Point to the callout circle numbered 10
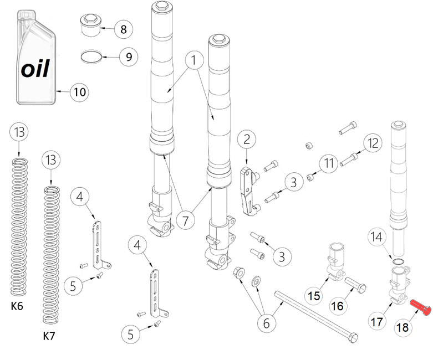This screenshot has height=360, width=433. click(x=80, y=92)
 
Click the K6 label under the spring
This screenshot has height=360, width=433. click(x=17, y=305)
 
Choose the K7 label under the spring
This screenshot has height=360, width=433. click(x=50, y=336)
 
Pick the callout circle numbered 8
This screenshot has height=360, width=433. click(x=123, y=29)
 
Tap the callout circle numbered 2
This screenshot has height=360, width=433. click(x=247, y=140)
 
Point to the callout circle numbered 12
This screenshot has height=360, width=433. click(x=373, y=143)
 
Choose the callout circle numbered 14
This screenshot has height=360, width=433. click(x=377, y=238)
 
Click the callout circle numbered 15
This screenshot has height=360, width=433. click(x=314, y=296)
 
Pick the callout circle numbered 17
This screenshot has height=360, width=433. click(x=377, y=321)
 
